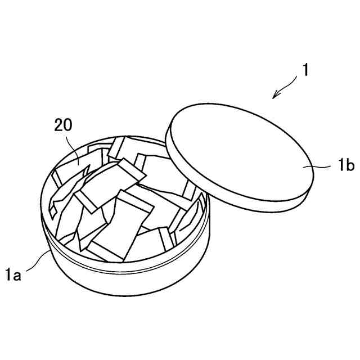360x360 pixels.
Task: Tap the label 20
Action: (x=63, y=125)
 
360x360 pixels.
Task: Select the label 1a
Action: (x=14, y=275)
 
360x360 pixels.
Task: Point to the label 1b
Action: (x=346, y=166)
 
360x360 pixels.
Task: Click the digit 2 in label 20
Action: (x=58, y=125)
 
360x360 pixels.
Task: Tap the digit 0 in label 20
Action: (x=67, y=125)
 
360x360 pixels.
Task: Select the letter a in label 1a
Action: (x=18, y=276)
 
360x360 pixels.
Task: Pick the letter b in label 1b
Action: (x=349, y=166)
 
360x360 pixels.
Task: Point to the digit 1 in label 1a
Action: (x=9, y=275)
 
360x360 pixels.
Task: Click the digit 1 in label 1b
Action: (x=341, y=166)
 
